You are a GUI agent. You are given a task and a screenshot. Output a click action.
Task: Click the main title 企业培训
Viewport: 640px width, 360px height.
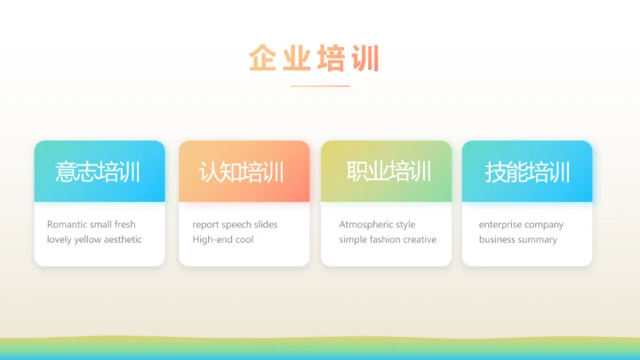314,59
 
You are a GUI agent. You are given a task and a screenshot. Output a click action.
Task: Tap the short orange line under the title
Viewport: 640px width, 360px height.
320,86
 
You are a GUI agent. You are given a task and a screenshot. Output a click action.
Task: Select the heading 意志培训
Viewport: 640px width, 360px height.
98,172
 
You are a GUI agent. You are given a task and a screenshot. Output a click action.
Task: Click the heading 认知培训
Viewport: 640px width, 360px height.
242,172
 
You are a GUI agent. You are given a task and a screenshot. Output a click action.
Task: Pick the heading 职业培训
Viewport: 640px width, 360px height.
388,172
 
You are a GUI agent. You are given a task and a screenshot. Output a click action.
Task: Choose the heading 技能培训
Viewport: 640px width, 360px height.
526,172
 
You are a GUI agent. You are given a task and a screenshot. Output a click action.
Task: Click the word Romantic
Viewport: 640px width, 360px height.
67,225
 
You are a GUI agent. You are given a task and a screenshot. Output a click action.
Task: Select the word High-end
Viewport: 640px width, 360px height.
212,240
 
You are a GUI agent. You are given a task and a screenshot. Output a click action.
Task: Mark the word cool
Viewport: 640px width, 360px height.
244,240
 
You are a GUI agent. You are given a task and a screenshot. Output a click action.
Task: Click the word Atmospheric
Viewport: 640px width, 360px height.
366,225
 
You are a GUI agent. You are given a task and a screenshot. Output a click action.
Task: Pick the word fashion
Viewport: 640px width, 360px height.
384,240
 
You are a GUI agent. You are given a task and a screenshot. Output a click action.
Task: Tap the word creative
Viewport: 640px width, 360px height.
420,240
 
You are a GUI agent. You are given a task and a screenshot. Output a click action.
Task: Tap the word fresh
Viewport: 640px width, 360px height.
125,225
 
